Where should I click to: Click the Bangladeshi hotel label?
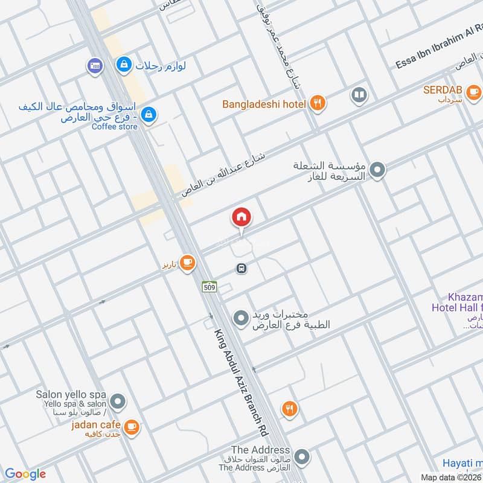264,104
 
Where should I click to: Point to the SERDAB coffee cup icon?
473,92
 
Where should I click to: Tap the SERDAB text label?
443,90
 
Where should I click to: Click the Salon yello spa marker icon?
118,401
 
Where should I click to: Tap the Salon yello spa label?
71,394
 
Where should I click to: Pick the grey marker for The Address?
302,456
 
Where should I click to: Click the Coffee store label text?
115,127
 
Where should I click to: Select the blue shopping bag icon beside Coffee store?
149,114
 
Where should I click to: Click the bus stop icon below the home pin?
241,268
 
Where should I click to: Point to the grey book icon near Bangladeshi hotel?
359,95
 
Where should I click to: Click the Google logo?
25,474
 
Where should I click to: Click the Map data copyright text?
451,477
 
